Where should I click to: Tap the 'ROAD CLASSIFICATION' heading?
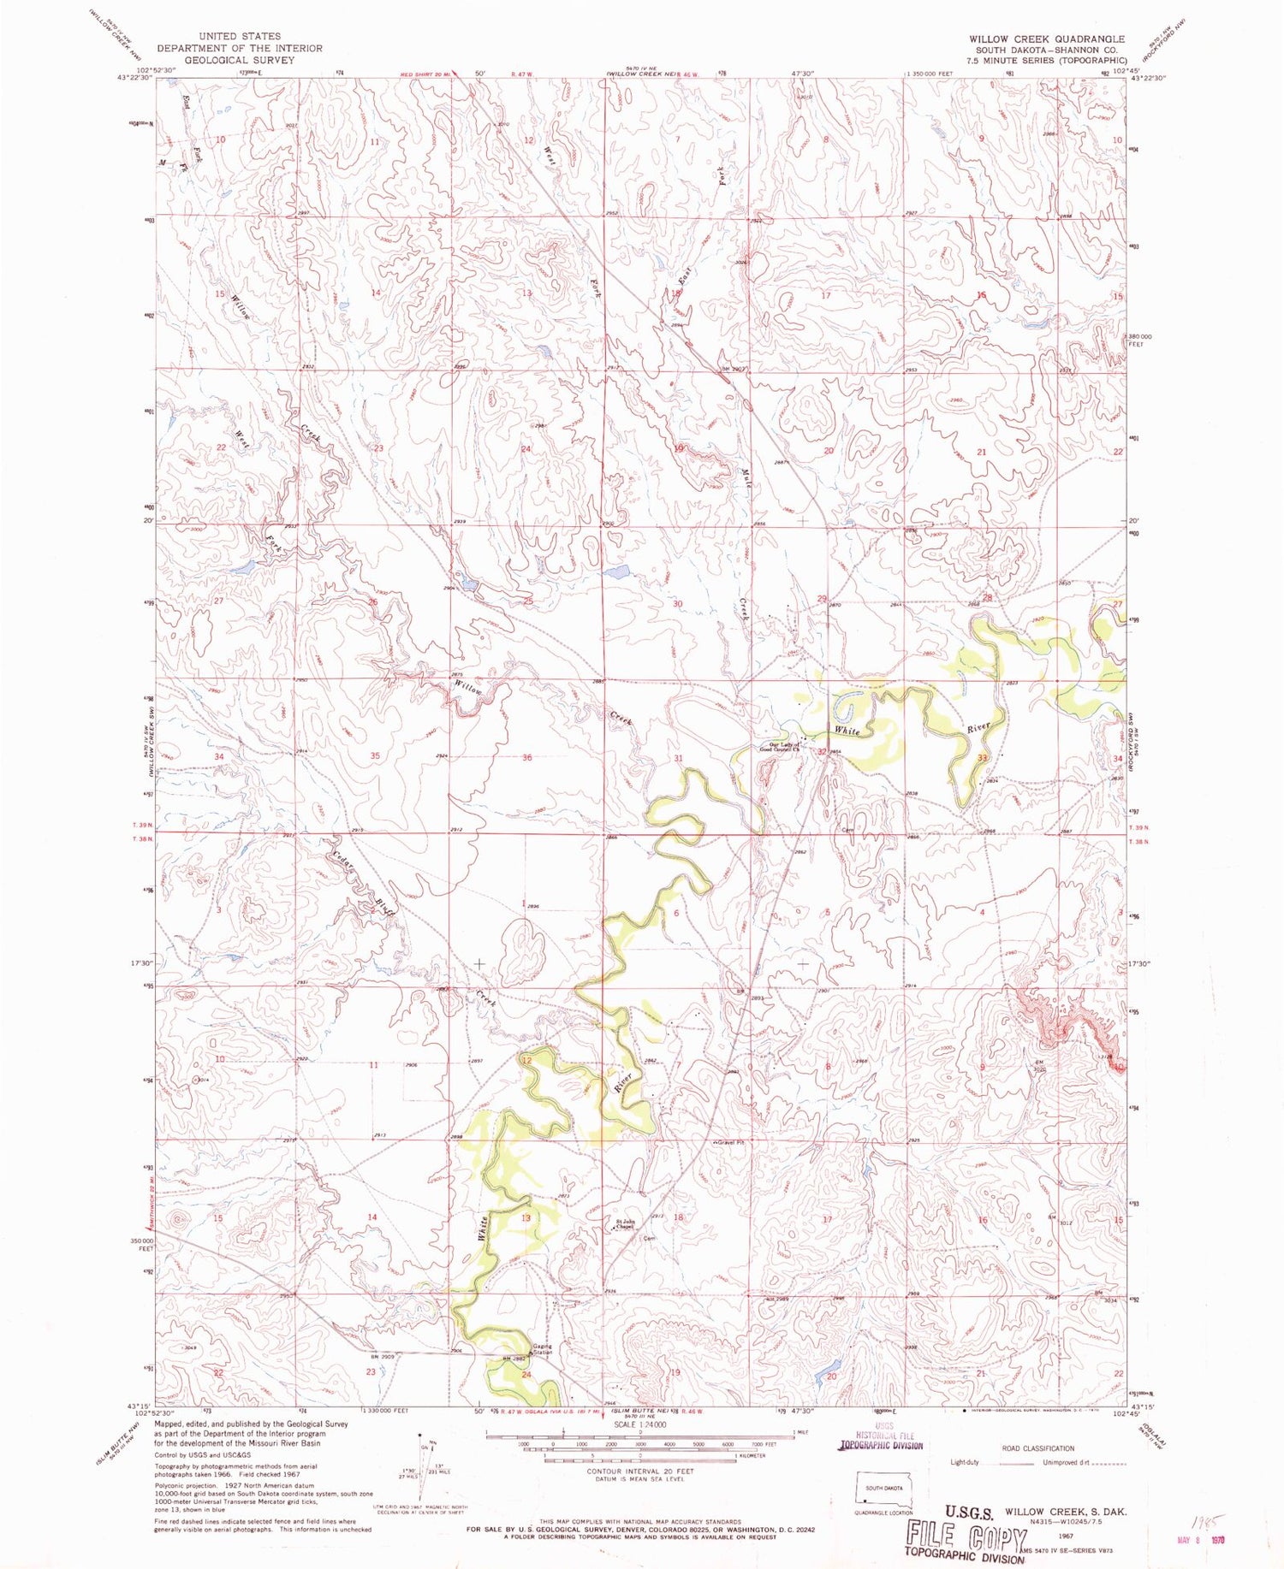[1037, 1448]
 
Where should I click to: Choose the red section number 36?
[526, 757]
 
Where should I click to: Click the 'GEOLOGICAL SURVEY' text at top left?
[239, 60]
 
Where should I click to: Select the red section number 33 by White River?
[983, 757]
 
